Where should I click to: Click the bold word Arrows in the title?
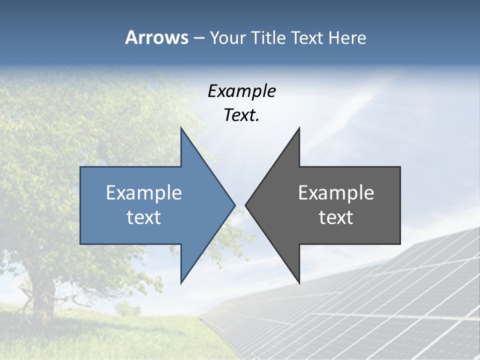tap(156, 37)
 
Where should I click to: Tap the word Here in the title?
tap(347, 37)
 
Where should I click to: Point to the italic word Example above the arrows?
tap(241, 91)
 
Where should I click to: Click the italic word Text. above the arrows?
tap(241, 115)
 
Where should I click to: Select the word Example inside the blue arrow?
tap(143, 193)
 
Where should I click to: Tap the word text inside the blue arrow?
tap(143, 217)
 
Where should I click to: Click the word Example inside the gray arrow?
tap(336, 193)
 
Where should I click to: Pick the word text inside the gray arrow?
tap(336, 217)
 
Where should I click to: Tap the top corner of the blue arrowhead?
tap(181, 128)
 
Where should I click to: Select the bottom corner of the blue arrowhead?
tap(181, 283)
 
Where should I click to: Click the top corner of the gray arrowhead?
tap(299, 128)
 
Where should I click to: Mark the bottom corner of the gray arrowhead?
tap(299, 283)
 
